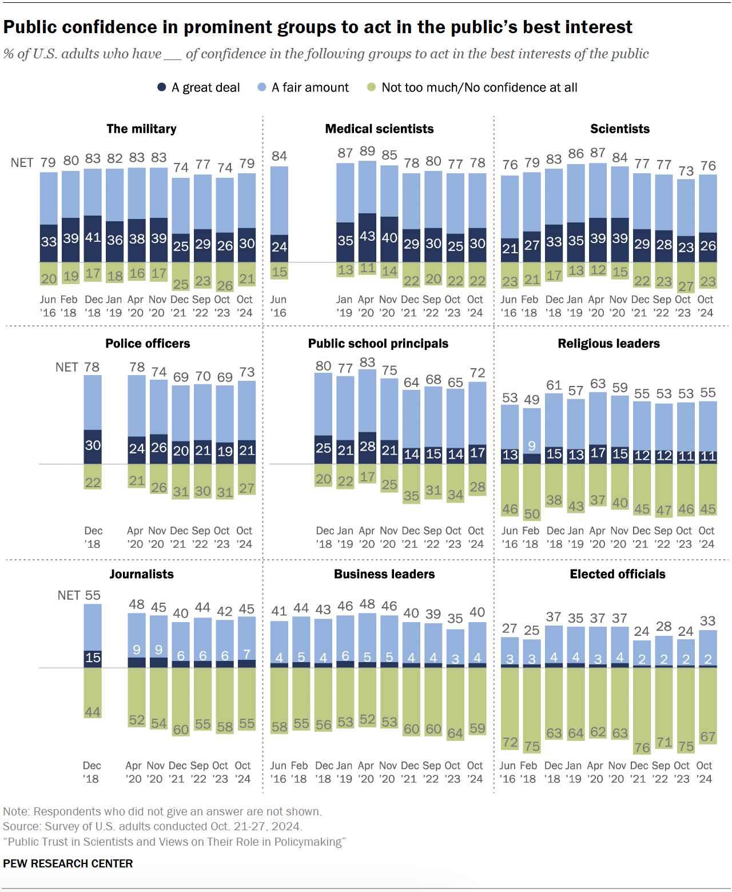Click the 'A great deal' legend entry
[205, 87]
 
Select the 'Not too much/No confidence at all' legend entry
[479, 87]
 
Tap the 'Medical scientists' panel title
[379, 129]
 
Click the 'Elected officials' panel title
[618, 574]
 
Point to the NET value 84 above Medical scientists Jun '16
[279, 156]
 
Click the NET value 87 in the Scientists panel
[598, 153]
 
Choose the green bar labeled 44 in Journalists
[93, 692]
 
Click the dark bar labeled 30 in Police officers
[93, 447]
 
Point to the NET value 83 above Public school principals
[367, 362]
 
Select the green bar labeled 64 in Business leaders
[455, 704]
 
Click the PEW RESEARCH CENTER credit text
[68, 863]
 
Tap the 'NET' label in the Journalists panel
[69, 595]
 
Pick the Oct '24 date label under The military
[245, 306]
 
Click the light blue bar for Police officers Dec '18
[93, 402]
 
